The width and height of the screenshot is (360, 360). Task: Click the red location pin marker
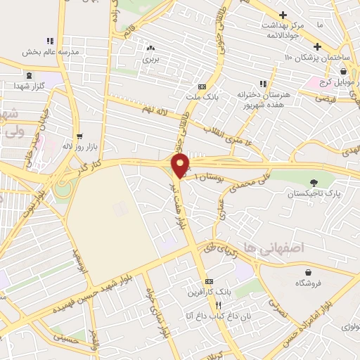point(181,165)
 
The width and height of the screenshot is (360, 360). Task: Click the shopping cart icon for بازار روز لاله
point(79,137)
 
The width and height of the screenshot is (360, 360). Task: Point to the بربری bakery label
point(152,60)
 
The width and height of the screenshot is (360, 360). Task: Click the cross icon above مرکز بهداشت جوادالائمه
point(283,15)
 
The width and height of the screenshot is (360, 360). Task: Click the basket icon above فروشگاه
point(308,272)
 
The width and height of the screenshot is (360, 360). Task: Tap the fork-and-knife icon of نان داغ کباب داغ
point(218,306)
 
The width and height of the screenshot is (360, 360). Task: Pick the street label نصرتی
point(277,304)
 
